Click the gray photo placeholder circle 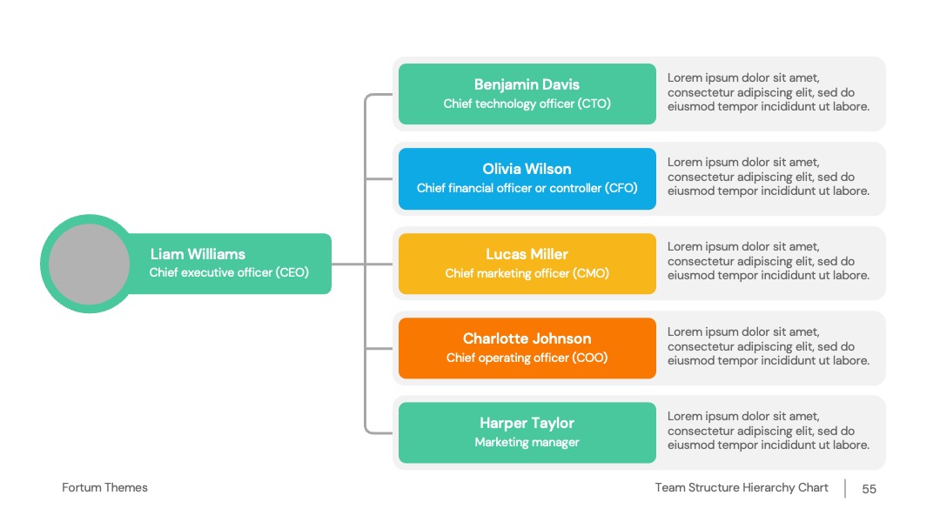pos(89,264)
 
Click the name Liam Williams pos(198,254)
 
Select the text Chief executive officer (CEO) pos(229,272)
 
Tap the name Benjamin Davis pos(527,84)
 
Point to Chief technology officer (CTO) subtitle pos(527,104)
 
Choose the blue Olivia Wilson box pos(527,178)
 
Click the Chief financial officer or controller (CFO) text pos(527,188)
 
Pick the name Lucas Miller pos(527,254)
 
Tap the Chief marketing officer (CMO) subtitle pos(527,273)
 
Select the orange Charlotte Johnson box pos(527,348)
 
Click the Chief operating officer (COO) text pos(527,358)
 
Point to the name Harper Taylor pos(527,423)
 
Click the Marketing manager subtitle pos(527,442)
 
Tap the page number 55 pos(869,489)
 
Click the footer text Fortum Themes pos(105,487)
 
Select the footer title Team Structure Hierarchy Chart pos(742,487)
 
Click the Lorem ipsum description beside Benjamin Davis pos(769,92)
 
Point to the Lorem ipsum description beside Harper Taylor pos(769,431)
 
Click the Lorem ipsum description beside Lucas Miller pos(769,261)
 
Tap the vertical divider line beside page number pos(845,488)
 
